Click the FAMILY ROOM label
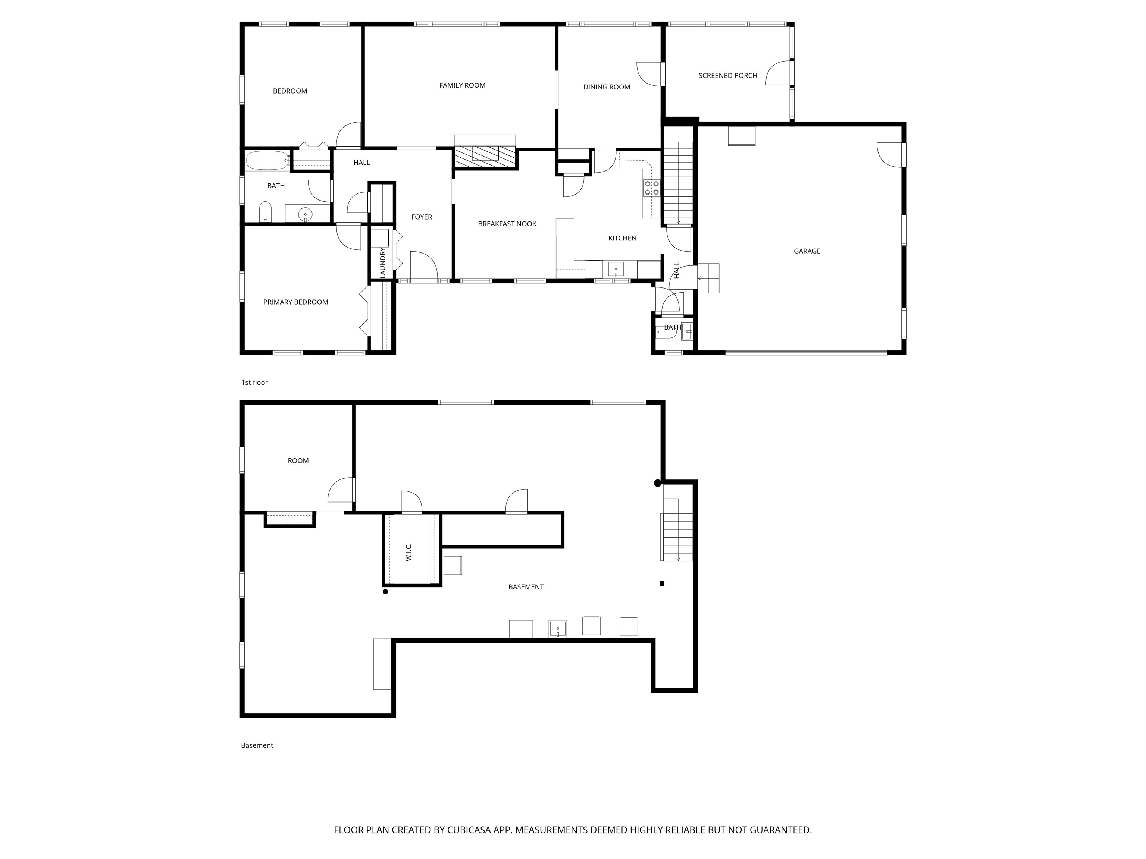pyautogui.click(x=462, y=85)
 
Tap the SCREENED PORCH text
pyautogui.click(x=727, y=76)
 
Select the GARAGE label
pyautogui.click(x=807, y=251)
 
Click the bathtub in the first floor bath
pyautogui.click(x=267, y=161)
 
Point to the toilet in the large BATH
pyautogui.click(x=265, y=211)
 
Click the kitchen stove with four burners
pyautogui.click(x=652, y=188)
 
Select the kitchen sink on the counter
pyautogui.click(x=616, y=269)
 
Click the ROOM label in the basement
pyautogui.click(x=298, y=461)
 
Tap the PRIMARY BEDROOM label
pyautogui.click(x=295, y=302)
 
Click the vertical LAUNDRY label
pyautogui.click(x=383, y=262)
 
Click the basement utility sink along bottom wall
pyautogui.click(x=557, y=629)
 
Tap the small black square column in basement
pyautogui.click(x=661, y=583)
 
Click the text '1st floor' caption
pyautogui.click(x=254, y=383)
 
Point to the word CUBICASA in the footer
pyautogui.click(x=468, y=830)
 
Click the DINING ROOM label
pyautogui.click(x=606, y=87)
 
